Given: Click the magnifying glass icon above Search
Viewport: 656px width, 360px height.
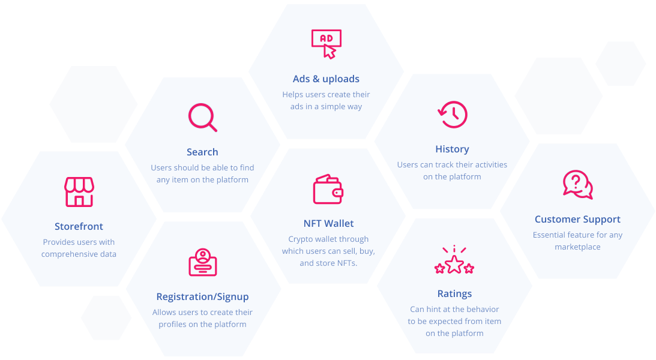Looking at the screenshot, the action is (202, 117).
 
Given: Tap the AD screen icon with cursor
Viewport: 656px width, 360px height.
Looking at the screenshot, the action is (326, 44).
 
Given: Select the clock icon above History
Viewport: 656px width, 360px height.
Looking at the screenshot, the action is (453, 114).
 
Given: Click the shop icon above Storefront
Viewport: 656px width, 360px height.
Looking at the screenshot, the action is (79, 192).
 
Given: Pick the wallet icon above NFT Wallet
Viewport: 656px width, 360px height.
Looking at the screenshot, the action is (328, 190).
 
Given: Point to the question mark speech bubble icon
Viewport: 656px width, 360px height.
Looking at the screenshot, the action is (577, 184).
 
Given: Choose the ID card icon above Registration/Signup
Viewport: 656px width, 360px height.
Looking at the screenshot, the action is (202, 263).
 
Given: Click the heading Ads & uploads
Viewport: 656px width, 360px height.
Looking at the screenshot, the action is (326, 79).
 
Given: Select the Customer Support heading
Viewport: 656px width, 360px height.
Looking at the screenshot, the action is (577, 219).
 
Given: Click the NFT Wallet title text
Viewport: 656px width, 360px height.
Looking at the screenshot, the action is (328, 223).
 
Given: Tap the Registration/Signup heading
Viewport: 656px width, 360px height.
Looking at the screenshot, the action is (202, 296).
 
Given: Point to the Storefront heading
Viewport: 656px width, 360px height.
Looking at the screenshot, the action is (79, 226).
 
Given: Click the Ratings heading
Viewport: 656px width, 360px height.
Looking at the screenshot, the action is (454, 293).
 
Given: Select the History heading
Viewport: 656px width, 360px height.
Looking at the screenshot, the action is (452, 149).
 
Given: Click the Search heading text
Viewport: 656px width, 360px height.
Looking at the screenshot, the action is (202, 152).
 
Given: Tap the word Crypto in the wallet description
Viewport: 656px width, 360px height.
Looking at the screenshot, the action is (300, 239).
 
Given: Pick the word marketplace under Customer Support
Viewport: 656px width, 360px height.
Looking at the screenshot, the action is (577, 247).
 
